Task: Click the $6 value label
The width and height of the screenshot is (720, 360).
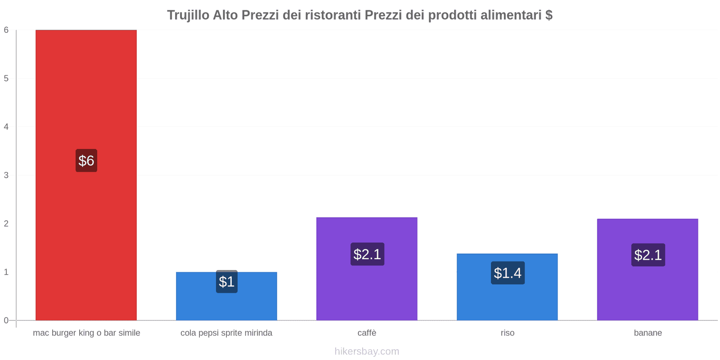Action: point(86,161)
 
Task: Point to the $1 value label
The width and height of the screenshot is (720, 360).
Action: point(226,282)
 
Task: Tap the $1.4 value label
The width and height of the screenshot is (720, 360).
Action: point(508,273)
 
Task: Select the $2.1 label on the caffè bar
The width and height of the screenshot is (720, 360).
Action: point(367,254)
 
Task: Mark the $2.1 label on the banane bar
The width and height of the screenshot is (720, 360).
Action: point(648,255)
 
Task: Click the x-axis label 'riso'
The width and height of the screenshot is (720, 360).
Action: point(508,333)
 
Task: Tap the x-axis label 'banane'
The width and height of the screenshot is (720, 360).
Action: point(648,333)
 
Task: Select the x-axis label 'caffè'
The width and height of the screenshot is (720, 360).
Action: point(367,333)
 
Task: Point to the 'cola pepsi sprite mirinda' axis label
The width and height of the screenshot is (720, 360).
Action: point(226,333)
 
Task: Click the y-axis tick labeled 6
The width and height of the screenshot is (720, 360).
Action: point(6,30)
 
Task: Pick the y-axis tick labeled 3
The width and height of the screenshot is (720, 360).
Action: point(6,175)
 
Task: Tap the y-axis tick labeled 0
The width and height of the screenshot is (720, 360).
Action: point(6,320)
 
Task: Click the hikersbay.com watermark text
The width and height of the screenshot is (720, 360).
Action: point(367,351)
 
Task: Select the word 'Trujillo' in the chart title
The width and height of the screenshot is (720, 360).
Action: point(188,15)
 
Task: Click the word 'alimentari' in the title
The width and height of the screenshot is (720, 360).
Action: point(511,15)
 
